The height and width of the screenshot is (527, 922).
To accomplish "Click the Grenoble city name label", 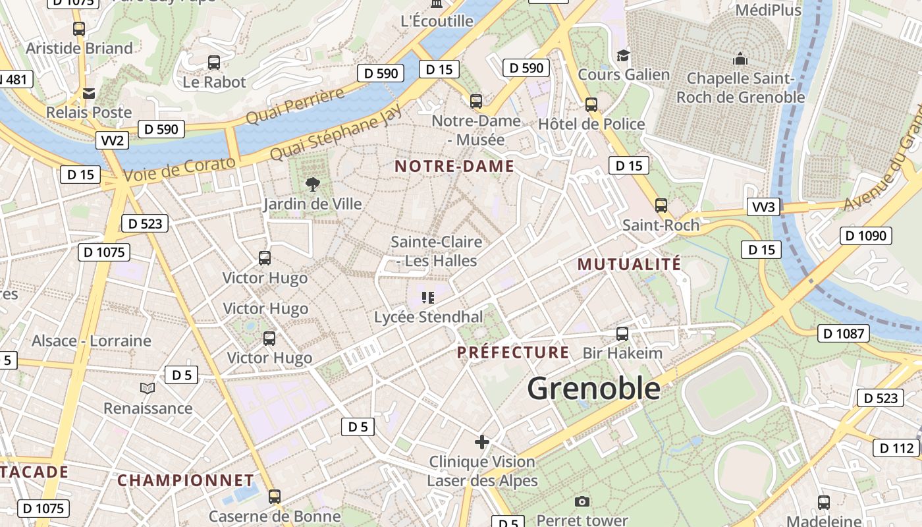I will pos(593,388).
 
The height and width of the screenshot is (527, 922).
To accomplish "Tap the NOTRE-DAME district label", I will pos(454,167).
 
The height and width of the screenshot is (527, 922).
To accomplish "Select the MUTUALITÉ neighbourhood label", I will pos(629,265).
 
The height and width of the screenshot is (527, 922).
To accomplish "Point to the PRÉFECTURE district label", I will pos(513,352).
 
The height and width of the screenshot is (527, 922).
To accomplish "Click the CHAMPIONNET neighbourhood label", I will pos(186,480).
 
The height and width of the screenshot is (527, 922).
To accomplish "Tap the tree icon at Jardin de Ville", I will pos(312,184).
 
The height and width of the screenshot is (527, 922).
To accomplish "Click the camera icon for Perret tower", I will pos(582,502).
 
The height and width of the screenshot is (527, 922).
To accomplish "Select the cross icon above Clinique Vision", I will pos(482,442).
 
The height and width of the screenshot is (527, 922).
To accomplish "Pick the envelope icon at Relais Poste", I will pos(89,93).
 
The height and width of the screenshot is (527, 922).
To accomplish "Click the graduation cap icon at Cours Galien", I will pos(623,55).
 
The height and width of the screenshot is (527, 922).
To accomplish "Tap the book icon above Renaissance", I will pos(148,389).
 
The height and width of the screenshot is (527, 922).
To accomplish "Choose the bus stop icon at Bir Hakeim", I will pos(622,334).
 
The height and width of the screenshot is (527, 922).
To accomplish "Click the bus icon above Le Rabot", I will pos(214,63).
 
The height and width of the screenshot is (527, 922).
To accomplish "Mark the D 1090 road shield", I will pos(865,236).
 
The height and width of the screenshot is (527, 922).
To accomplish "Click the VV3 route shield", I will pos(764,207).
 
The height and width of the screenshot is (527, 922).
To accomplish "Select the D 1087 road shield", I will pos(843,333).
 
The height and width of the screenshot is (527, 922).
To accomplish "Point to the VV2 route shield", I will pos(112,140).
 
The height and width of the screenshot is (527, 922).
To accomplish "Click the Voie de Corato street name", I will pos(179,169).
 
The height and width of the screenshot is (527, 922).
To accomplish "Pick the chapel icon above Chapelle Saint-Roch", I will pos(740,59).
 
